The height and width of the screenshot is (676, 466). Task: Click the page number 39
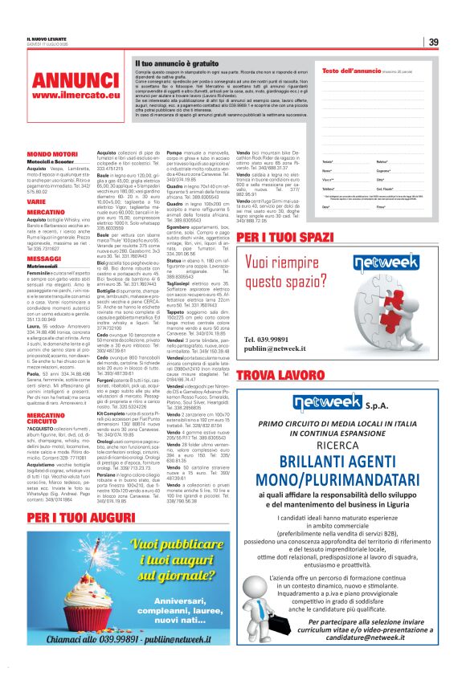(x=433, y=42)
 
